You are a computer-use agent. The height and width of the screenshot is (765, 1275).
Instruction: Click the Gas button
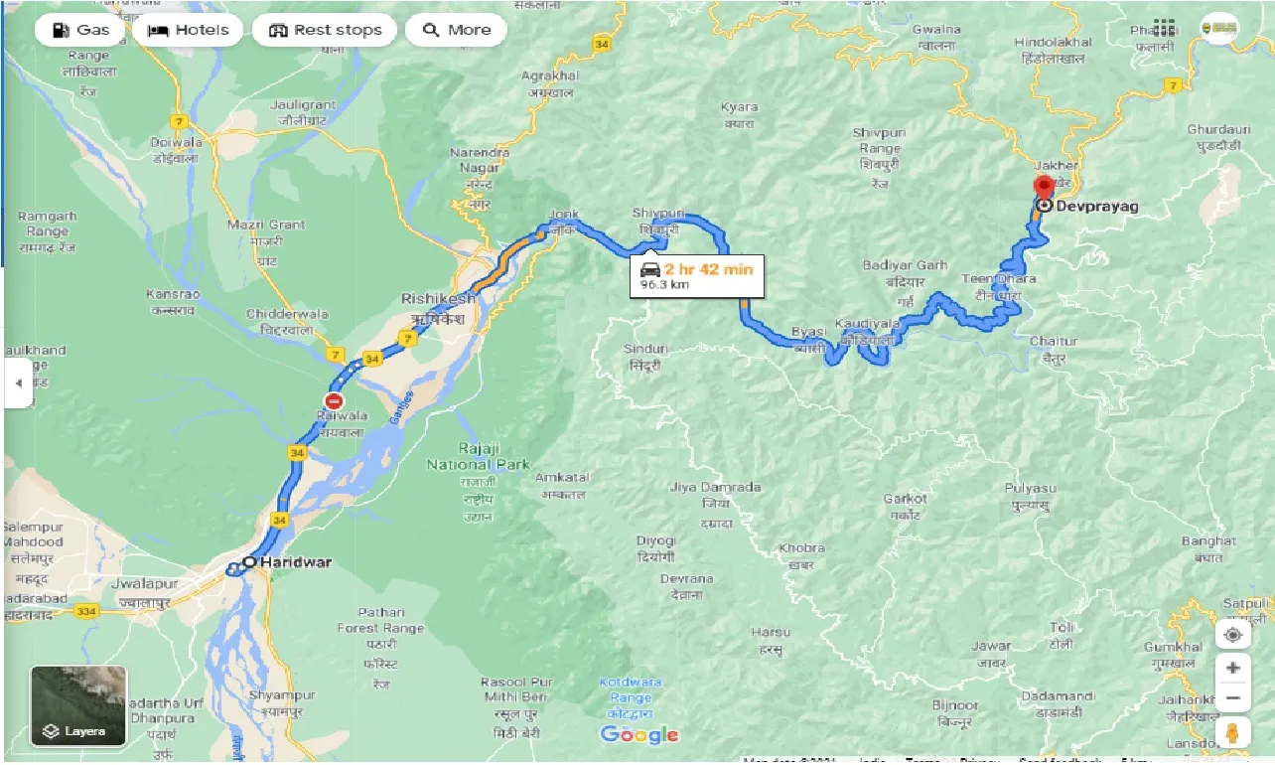point(79,30)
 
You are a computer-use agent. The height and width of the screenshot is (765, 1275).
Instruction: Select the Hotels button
point(189,30)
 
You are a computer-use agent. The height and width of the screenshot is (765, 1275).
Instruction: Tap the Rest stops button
point(325,30)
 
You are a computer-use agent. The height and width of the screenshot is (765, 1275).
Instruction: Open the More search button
point(456,30)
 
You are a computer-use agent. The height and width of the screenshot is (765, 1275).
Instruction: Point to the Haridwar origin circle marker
point(249,562)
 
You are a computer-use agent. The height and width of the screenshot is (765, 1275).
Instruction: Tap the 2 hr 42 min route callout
point(698,275)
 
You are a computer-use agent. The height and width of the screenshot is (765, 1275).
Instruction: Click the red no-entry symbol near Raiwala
point(334,401)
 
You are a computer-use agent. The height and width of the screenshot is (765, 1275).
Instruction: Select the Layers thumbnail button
point(78,705)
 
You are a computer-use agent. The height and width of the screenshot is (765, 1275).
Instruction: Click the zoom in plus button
point(1232,668)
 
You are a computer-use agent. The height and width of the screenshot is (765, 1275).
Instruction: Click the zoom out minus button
point(1232,698)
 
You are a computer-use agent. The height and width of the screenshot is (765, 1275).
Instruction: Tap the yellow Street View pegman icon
point(1232,733)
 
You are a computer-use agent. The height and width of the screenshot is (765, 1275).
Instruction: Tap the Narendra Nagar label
point(481,159)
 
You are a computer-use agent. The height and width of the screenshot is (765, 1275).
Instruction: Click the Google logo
point(639,735)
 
